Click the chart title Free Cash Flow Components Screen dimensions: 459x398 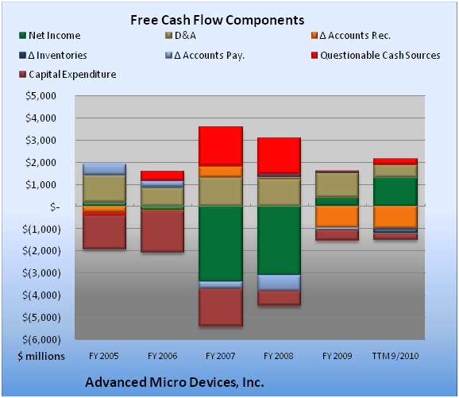click(218, 20)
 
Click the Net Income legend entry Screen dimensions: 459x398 click(49, 36)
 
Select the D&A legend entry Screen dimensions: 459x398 click(180, 36)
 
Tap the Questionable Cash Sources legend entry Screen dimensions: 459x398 click(376, 55)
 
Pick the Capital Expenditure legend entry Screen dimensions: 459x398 click(67, 75)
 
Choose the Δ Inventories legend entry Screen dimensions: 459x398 click(53, 55)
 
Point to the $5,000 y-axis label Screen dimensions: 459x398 click(40, 96)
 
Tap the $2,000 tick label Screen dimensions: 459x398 click(40, 163)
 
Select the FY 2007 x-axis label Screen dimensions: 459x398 click(221, 356)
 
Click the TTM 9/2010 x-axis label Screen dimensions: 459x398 click(395, 356)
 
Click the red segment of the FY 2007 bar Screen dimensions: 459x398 click(221, 146)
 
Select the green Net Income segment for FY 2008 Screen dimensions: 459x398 click(279, 240)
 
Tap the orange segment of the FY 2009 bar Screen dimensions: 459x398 click(337, 216)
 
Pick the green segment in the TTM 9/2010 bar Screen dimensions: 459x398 click(395, 191)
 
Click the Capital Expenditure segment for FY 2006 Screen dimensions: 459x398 click(163, 231)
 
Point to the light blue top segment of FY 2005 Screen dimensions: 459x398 click(105, 169)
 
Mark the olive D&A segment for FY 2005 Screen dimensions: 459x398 click(105, 188)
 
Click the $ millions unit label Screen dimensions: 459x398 click(41, 356)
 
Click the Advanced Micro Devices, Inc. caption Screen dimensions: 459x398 click(175, 382)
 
